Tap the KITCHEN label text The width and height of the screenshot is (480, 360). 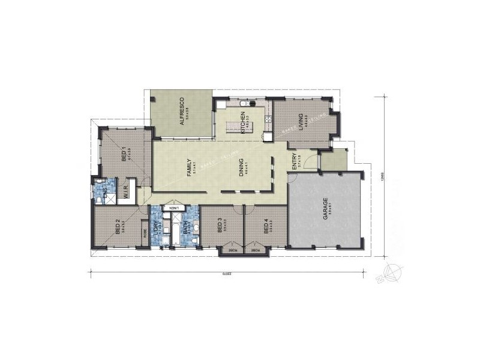[x=243, y=122]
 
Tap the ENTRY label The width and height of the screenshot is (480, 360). [x=294, y=162]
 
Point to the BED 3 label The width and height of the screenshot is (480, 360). [x=220, y=227]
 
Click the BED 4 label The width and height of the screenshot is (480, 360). [x=265, y=227]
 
